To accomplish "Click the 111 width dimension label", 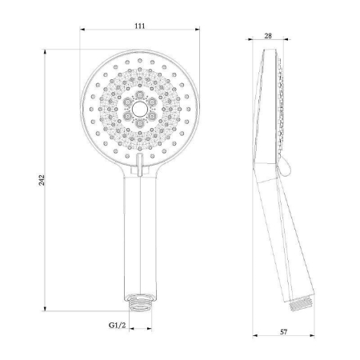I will pos(139,26).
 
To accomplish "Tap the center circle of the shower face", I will pos(139,107).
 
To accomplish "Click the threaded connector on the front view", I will pos(140,305).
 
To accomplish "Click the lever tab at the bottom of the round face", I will pos(140,166).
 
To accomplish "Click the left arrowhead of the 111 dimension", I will pos(83,33).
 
